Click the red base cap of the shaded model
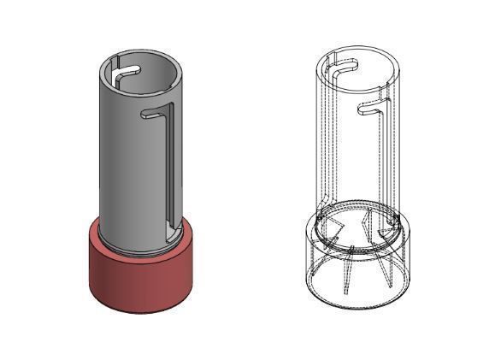141,278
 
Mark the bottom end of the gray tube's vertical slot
171,229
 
